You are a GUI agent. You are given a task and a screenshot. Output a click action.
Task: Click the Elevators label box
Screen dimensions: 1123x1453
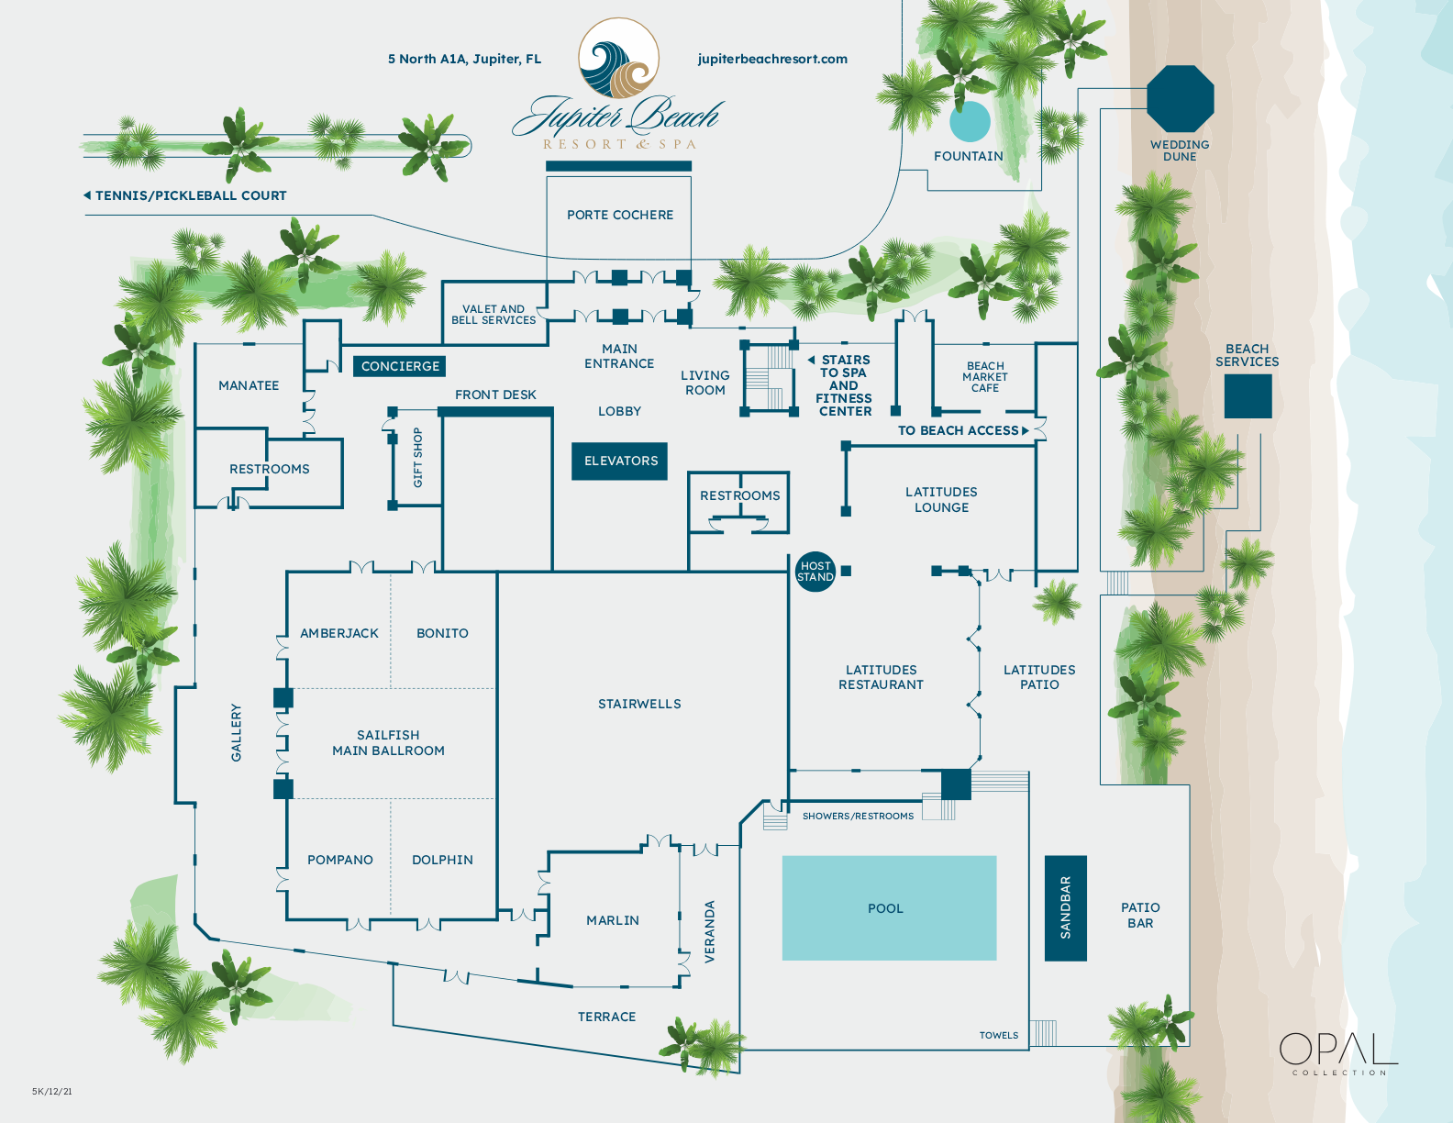pyautogui.click(x=620, y=461)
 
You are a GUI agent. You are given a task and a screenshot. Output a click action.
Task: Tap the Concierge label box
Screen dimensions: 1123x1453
pyautogui.click(x=399, y=366)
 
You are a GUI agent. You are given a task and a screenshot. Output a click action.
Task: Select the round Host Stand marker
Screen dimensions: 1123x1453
pyautogui.click(x=815, y=572)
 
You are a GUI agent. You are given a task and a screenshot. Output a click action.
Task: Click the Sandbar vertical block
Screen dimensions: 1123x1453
pyautogui.click(x=1065, y=907)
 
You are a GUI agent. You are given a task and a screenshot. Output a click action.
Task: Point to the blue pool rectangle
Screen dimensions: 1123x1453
pyautogui.click(x=888, y=907)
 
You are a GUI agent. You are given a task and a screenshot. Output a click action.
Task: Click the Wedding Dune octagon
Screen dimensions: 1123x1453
pyautogui.click(x=1180, y=99)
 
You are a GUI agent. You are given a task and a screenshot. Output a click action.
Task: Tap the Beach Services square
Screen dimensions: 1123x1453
pyautogui.click(x=1248, y=395)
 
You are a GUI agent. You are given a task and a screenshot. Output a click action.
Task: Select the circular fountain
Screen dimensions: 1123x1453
pyautogui.click(x=970, y=122)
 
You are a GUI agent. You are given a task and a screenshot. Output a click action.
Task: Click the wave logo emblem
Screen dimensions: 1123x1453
pyautogui.click(x=618, y=59)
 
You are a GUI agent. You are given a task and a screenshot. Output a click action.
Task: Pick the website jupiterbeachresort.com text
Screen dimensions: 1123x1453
pyautogui.click(x=772, y=59)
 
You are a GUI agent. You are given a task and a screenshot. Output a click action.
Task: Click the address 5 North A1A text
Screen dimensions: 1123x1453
pyautogui.click(x=464, y=59)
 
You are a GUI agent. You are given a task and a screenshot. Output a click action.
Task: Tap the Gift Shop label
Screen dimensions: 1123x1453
pyautogui.click(x=418, y=457)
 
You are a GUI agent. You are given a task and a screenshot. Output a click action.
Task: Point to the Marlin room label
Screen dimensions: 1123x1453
pyautogui.click(x=613, y=920)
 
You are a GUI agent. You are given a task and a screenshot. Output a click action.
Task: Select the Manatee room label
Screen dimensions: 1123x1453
pyautogui.click(x=249, y=385)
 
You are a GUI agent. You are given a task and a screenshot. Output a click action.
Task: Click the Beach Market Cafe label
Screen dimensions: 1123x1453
pyautogui.click(x=985, y=377)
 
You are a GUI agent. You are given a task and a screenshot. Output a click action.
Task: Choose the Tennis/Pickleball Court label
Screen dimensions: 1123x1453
pyautogui.click(x=190, y=195)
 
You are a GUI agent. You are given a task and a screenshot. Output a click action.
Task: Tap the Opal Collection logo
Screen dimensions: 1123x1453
pyautogui.click(x=1337, y=1052)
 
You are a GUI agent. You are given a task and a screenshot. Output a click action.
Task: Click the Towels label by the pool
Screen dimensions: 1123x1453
pyautogui.click(x=998, y=1035)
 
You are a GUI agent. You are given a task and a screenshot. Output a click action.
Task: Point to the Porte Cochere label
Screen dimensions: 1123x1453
pyautogui.click(x=620, y=215)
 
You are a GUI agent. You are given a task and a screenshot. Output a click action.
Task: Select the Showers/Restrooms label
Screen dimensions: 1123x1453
pyautogui.click(x=858, y=816)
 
